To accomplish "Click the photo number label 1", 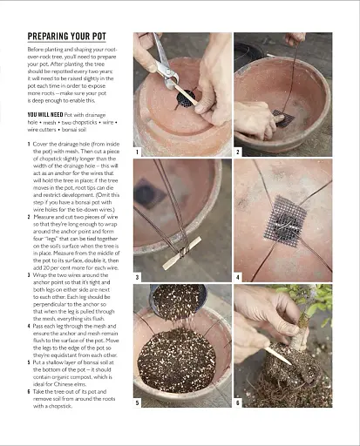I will pos(138,152).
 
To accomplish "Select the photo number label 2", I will pos(238,152).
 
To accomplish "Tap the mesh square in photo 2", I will pos(281,113).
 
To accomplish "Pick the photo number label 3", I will pos(138,277).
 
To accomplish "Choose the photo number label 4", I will pos(238,277).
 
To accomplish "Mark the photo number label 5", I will pos(138,403).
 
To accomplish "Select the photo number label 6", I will pos(238,403).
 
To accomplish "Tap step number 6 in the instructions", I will pos(29,392).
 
